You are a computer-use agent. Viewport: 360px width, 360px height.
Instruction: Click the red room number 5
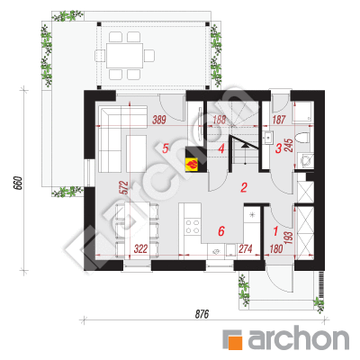[166, 148]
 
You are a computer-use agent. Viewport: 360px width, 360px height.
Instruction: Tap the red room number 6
[221, 231]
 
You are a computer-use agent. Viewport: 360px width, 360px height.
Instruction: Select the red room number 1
[275, 231]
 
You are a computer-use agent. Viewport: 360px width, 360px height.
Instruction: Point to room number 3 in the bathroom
[278, 148]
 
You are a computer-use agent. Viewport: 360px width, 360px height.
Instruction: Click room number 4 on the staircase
[221, 148]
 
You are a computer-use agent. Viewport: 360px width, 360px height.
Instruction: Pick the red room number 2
[244, 188]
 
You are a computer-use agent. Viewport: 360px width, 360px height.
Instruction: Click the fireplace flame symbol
[192, 164]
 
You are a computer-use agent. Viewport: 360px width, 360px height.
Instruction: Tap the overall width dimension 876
[202, 314]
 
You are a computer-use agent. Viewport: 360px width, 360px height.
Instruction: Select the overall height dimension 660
[18, 183]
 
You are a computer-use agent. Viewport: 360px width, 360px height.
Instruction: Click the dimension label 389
[159, 120]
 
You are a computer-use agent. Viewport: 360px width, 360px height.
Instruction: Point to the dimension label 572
[125, 187]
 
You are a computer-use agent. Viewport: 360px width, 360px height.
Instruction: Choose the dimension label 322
[140, 248]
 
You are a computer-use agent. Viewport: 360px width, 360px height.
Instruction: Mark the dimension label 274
[246, 248]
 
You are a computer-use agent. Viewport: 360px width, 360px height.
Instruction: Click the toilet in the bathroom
[302, 139]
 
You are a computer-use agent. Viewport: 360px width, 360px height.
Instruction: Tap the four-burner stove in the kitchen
[193, 227]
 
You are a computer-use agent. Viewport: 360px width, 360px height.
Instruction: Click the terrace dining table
[124, 56]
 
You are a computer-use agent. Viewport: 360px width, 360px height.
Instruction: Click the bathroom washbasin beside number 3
[267, 137]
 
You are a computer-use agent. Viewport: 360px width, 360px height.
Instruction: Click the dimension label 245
[289, 145]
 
